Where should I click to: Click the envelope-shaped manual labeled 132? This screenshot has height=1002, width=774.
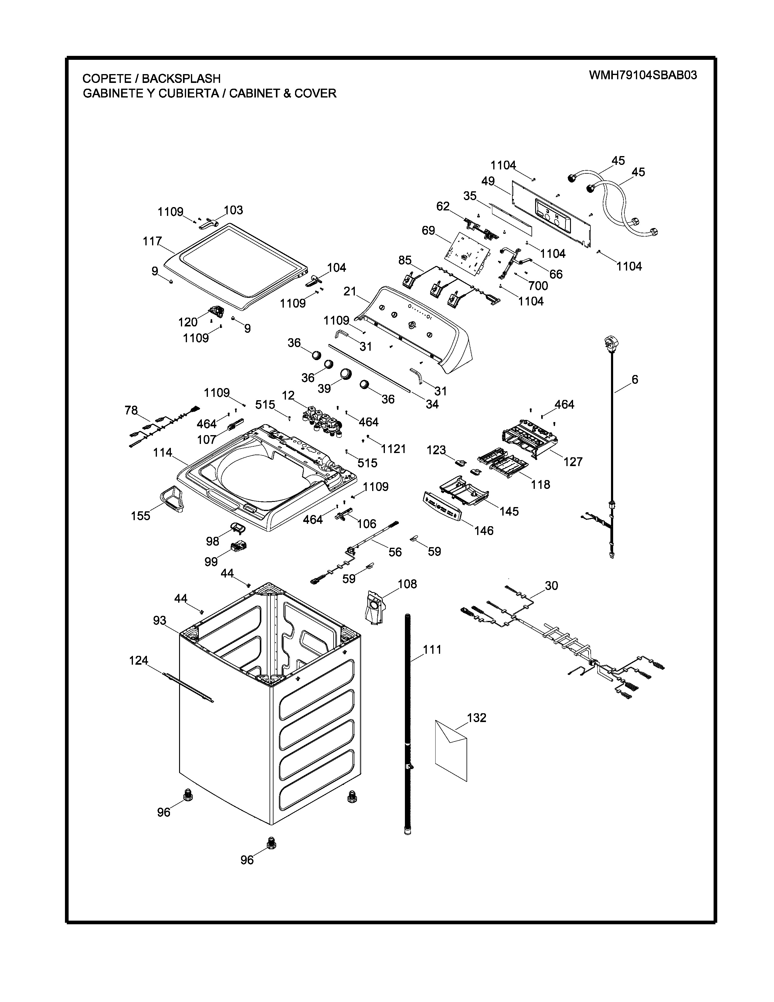click(451, 749)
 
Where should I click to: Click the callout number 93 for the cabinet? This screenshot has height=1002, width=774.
click(160, 621)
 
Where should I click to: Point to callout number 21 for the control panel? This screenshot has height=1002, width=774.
click(350, 291)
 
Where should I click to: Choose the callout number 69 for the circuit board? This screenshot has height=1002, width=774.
click(428, 230)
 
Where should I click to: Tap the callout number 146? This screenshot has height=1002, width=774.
click(484, 530)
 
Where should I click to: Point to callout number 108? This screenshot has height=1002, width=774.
click(407, 584)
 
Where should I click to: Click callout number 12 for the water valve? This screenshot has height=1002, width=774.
click(288, 395)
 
